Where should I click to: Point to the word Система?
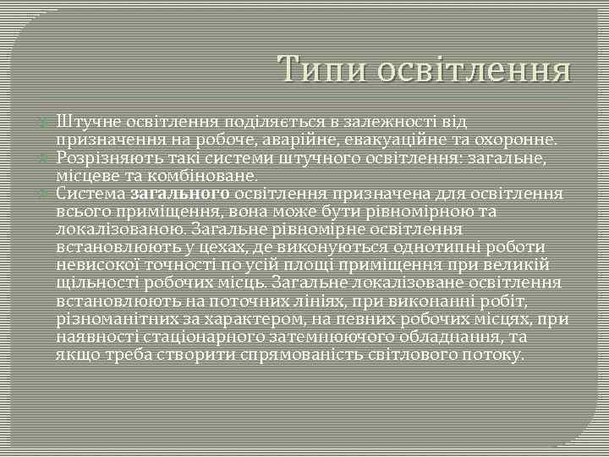point(92,193)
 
